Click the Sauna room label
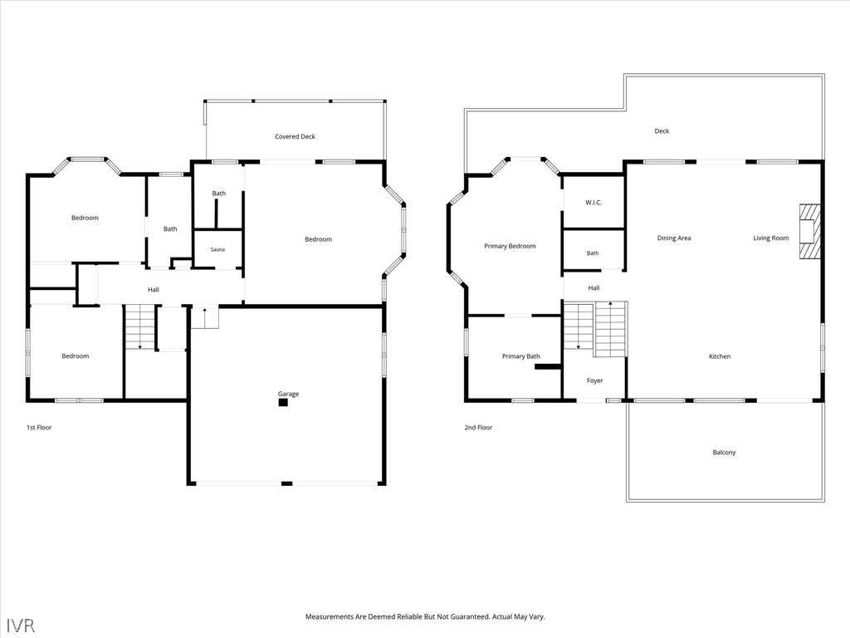point(217,249)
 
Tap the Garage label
point(288,394)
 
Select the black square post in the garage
point(283,403)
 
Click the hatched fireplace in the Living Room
point(810,231)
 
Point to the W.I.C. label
point(594,203)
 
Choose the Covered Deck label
point(295,137)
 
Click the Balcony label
point(724,453)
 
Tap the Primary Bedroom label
point(510,246)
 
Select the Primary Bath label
point(521,356)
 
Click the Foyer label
point(594,380)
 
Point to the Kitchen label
point(720,356)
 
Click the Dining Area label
point(674,238)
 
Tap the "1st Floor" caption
point(39,428)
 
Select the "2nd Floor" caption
point(478,428)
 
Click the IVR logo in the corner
point(21,626)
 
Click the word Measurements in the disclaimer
point(329,617)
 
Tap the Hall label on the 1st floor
point(154,290)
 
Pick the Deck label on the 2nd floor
point(662,131)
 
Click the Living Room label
point(771,238)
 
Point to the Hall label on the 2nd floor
point(594,288)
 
